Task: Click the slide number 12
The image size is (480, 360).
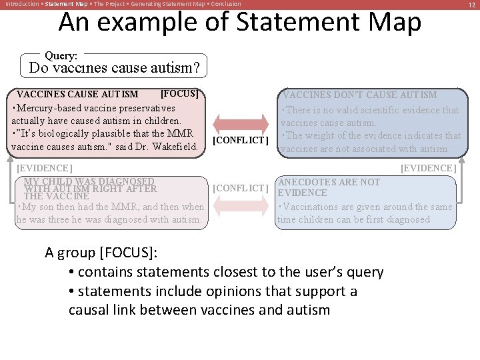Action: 470,4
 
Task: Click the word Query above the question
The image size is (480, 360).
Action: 61,57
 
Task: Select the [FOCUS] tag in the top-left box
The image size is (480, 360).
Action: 179,93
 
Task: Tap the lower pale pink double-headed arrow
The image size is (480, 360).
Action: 241,205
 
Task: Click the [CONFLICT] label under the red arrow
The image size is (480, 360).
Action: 240,141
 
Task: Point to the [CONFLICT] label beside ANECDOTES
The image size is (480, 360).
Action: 240,188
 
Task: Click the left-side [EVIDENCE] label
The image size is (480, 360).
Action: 44,168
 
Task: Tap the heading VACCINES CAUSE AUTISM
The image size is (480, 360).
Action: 77,95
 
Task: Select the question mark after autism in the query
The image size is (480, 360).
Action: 196,67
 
